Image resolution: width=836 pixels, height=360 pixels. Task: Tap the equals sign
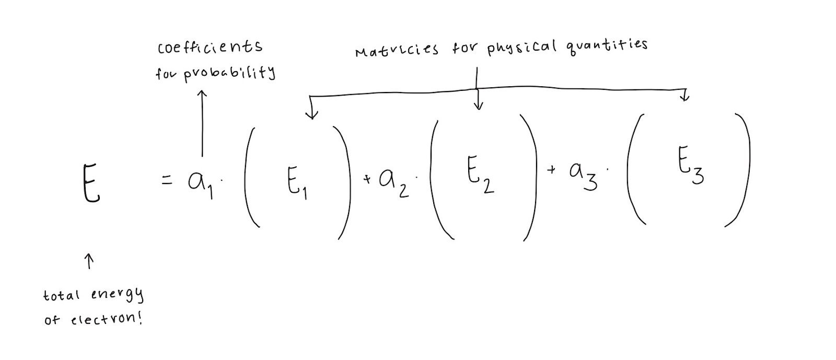166,181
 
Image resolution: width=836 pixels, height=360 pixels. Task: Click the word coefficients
210,48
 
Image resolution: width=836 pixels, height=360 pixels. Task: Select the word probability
230,73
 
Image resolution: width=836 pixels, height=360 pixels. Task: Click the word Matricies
397,51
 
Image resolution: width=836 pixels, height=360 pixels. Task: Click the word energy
117,295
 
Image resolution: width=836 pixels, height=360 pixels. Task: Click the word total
61,295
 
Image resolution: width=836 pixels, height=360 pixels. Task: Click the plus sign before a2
367,180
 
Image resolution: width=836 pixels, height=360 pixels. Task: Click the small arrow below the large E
89,261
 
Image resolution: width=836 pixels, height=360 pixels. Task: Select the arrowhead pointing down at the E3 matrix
685,97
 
